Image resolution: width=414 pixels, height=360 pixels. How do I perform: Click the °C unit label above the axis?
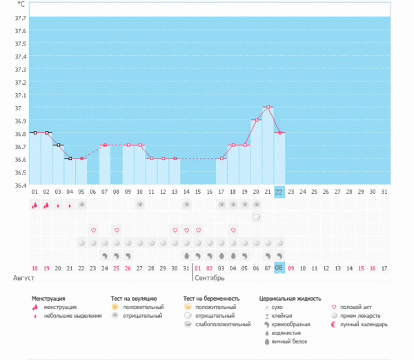point(21,4)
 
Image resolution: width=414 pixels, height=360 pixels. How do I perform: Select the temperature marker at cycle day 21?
point(267,107)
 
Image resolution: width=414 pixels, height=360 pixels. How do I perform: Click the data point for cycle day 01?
point(34,132)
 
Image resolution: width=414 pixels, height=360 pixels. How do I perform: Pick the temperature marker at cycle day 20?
point(256,120)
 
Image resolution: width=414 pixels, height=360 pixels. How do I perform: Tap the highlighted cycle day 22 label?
point(279,191)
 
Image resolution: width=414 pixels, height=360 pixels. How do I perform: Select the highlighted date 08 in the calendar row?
point(279,268)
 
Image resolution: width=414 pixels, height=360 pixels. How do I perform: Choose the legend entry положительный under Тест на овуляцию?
point(141,307)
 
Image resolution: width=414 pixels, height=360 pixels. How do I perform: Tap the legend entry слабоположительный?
point(219,324)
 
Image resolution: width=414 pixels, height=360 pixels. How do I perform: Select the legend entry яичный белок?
point(289,341)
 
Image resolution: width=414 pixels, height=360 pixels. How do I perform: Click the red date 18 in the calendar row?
point(34,268)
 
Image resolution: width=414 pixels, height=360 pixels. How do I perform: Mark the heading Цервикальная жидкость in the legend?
point(290,299)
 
